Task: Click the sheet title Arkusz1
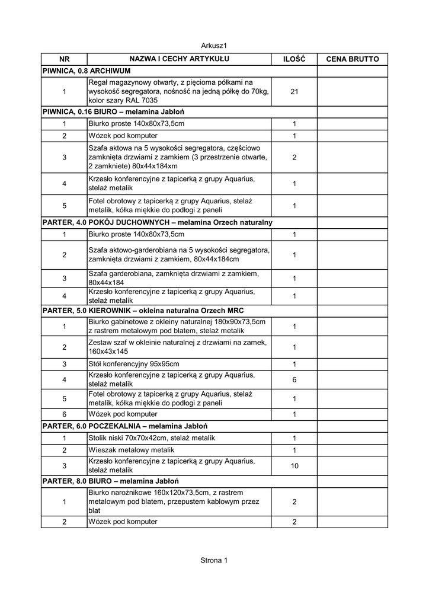pos(214,45)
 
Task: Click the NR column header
pos(64,59)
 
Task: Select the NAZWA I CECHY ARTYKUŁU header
pos(179,59)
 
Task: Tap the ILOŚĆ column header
pos(294,59)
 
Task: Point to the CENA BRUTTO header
pos(352,59)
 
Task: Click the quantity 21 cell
pos(294,91)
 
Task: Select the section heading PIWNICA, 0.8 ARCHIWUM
pos(87,71)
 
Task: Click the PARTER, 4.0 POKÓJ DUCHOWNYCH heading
pos(157,222)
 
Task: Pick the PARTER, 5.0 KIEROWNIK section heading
pos(143,311)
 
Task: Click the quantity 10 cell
pos(294,466)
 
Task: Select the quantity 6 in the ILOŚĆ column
pos(294,379)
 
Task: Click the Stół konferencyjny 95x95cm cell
pos(133,364)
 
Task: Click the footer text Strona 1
pos(214,560)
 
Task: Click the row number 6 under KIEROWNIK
pos(64,414)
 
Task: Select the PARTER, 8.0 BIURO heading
pos(111,481)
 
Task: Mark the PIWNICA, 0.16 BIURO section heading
pos(114,111)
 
